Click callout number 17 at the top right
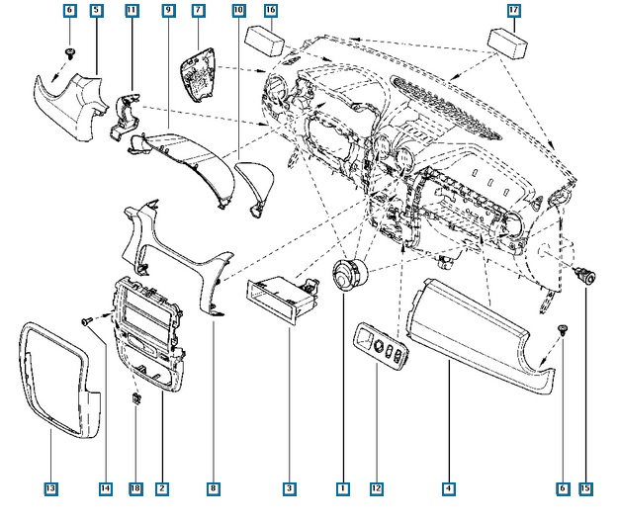[x=514, y=10]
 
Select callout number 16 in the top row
[x=270, y=10]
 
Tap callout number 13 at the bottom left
[x=50, y=488]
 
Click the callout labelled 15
[x=585, y=488]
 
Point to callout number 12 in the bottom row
[x=376, y=488]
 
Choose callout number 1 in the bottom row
[x=342, y=488]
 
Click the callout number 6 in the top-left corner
[x=68, y=10]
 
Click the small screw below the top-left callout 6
[x=70, y=50]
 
